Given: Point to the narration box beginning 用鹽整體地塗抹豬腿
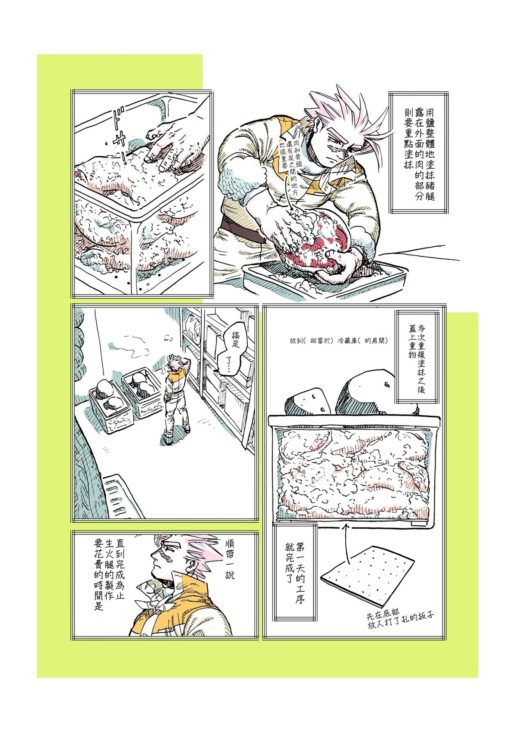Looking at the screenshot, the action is pos(419,152).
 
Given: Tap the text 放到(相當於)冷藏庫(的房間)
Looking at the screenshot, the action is pos(338,341).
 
